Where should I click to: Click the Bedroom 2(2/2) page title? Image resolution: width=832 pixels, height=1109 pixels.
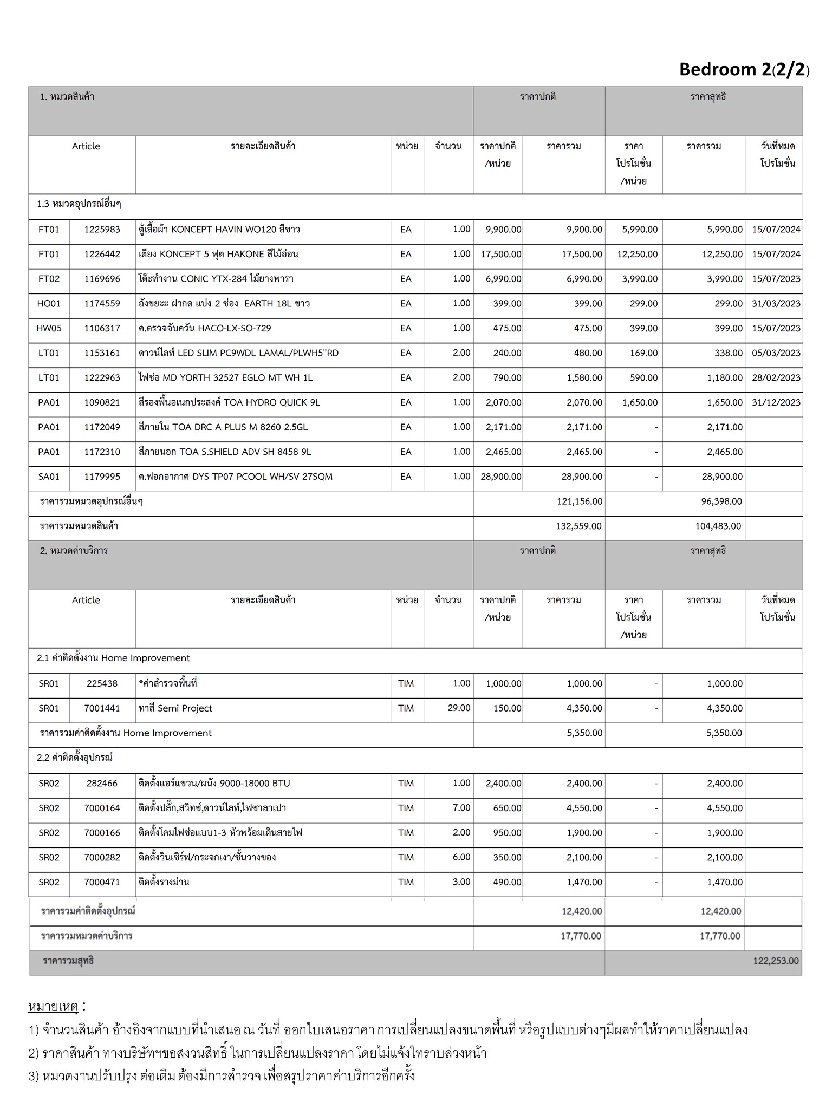coord(744,70)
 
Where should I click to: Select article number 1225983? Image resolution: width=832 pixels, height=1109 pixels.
coord(102,230)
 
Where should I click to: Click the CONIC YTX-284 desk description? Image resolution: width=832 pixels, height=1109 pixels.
coord(216,279)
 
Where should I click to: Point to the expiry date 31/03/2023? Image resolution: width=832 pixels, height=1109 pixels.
coord(776,304)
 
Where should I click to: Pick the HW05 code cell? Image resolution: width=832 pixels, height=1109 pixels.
coord(49,329)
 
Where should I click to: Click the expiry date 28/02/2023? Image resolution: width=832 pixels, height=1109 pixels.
coord(776,378)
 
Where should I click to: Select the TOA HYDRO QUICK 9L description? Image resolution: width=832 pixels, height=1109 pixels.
coord(229,403)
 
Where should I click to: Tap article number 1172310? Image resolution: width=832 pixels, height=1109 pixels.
coord(102,452)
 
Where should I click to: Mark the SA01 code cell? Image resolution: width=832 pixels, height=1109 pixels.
coord(49,477)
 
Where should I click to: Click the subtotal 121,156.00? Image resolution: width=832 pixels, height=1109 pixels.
coord(579,501)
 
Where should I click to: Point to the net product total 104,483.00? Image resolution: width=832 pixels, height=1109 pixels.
coord(718,526)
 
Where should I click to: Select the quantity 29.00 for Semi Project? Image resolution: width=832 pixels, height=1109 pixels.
coord(459,708)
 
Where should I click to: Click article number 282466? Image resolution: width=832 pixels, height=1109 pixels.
coord(102,784)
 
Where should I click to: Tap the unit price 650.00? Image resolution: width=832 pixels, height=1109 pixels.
coord(507,808)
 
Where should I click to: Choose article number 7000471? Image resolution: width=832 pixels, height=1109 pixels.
coord(102,882)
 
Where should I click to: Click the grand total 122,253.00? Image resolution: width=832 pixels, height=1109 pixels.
coord(775,961)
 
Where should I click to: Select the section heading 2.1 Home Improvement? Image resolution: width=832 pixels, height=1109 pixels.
coord(113,658)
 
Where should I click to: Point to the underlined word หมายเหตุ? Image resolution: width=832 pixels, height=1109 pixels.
coord(53,1007)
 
